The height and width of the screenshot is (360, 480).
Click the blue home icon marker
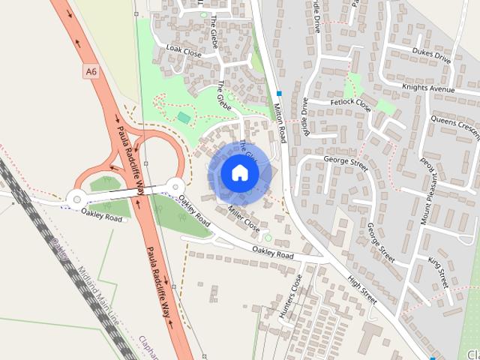click(239, 172)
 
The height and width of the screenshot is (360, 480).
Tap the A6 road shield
click(91, 71)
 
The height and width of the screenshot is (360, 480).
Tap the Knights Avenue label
click(428, 88)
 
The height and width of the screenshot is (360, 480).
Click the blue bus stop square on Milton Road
click(279, 94)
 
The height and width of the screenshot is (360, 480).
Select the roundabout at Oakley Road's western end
click(76, 198)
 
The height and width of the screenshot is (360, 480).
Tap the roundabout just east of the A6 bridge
click(175, 185)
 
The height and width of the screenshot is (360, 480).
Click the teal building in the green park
click(184, 118)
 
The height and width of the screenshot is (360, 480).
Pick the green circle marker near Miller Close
click(268, 238)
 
